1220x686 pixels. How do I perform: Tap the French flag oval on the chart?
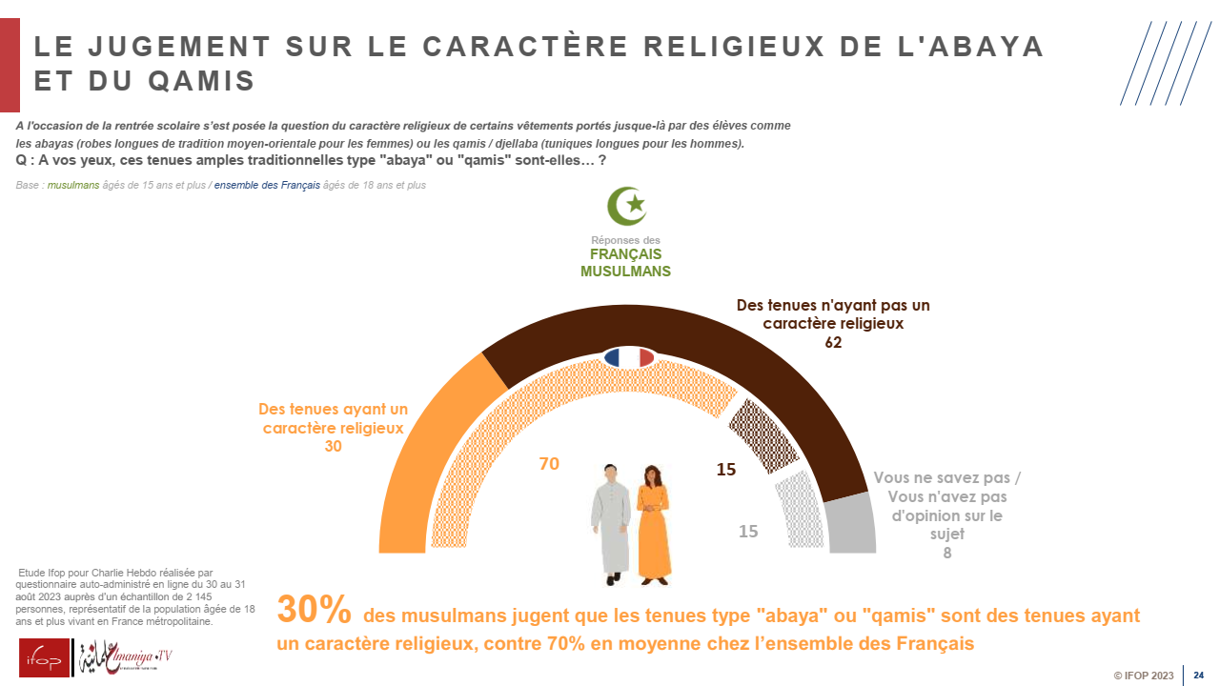pos(628,357)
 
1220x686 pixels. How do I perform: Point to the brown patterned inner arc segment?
pos(757,434)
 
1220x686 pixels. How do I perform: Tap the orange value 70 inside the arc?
pos(549,464)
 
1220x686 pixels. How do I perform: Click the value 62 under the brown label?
pos(833,343)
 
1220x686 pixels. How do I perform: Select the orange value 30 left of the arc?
pos(333,446)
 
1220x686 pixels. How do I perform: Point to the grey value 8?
pos(946,553)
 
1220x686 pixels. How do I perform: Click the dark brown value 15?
pos(726,470)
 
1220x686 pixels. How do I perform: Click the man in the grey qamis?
pos(610,522)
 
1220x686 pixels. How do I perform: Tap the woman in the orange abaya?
pos(653,522)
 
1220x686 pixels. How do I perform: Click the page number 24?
pos(1199,676)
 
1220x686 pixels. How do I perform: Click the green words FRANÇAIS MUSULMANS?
pos(625,263)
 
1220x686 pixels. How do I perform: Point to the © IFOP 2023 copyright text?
pos(1144,676)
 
